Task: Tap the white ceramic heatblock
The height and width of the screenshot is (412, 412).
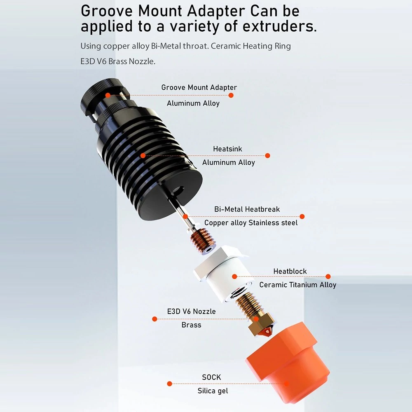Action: pyautogui.click(x=223, y=273)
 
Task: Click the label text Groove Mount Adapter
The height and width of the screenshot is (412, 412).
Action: pyautogui.click(x=199, y=87)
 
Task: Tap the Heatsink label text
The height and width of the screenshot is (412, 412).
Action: pyautogui.click(x=227, y=149)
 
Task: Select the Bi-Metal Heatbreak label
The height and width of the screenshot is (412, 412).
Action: pyautogui.click(x=247, y=209)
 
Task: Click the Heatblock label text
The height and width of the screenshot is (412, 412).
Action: pyautogui.click(x=290, y=272)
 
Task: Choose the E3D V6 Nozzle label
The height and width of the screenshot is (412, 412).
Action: pyautogui.click(x=191, y=311)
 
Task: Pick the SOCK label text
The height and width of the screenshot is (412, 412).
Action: pyautogui.click(x=211, y=377)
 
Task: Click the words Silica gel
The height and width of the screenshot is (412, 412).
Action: pyautogui.click(x=213, y=391)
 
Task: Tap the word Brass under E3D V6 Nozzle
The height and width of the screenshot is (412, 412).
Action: pyautogui.click(x=191, y=325)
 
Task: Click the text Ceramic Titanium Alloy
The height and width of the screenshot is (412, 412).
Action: pyautogui.click(x=298, y=285)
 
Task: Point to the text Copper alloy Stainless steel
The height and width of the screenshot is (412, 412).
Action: pyautogui.click(x=251, y=223)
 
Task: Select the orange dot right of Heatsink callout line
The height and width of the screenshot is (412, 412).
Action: pyautogui.click(x=267, y=156)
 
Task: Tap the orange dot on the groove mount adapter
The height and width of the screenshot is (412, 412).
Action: pyautogui.click(x=108, y=95)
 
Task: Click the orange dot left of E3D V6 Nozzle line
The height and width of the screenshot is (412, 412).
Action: pyautogui.click(x=154, y=319)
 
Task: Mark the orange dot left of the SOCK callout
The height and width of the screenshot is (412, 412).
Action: pyautogui.click(x=169, y=384)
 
